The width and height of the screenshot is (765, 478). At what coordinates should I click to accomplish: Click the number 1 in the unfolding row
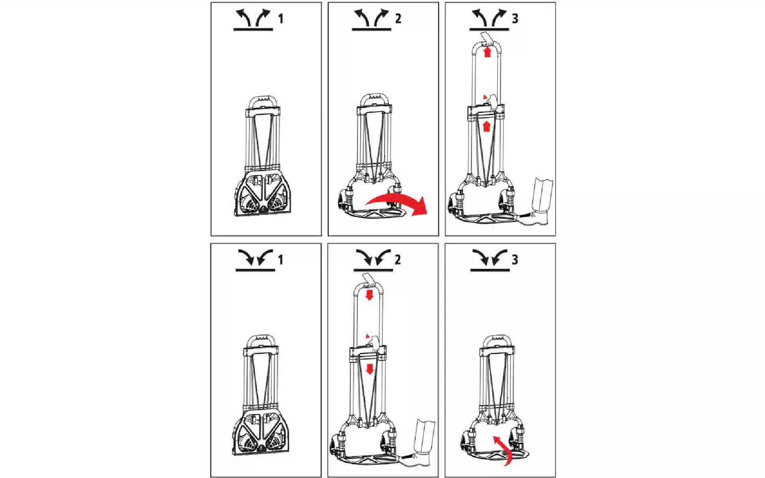point(281,19)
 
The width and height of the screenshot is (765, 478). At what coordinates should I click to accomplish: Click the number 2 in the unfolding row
point(398,19)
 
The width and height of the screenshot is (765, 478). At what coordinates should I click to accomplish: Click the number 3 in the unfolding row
point(515,19)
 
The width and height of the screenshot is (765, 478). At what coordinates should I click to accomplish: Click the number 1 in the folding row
point(281,260)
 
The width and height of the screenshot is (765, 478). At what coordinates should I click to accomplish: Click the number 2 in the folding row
point(398,260)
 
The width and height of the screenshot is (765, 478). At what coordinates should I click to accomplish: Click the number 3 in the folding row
point(515,260)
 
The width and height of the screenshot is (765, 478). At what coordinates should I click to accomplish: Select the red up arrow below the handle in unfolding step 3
point(487,52)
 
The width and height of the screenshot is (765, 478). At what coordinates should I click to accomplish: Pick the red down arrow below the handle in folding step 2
point(370,295)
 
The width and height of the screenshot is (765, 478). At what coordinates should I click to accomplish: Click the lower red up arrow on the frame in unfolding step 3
point(486,126)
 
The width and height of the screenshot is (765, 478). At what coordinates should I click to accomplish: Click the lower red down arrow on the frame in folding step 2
point(370,369)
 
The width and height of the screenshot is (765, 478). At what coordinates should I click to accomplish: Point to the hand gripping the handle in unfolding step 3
point(487,39)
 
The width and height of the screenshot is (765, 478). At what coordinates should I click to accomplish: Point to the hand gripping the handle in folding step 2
point(370,280)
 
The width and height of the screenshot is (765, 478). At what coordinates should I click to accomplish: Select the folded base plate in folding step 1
point(261,439)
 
